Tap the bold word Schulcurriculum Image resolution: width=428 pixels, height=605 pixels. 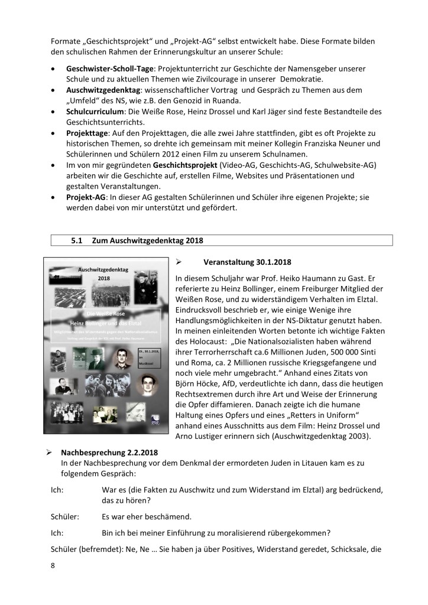pyautogui.click(x=98, y=111)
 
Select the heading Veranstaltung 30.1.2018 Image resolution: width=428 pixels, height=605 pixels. pyautogui.click(x=247, y=262)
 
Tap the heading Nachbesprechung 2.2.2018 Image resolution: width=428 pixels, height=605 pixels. pyautogui.click(x=106, y=453)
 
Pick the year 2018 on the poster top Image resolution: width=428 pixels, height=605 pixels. pyautogui.click(x=104, y=278)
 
